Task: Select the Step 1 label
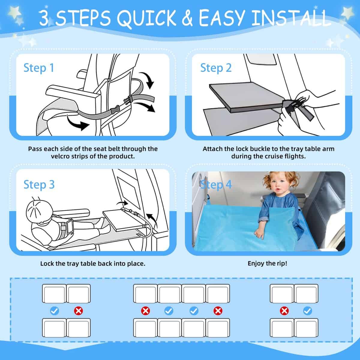click(x=39, y=68)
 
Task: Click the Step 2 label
click(x=216, y=68)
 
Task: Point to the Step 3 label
click(x=39, y=184)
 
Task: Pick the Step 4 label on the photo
click(x=216, y=184)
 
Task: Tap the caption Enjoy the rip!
click(x=267, y=263)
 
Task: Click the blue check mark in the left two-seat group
click(x=55, y=311)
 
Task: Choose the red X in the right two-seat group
click(x=284, y=311)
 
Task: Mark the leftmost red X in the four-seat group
click(x=145, y=311)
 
